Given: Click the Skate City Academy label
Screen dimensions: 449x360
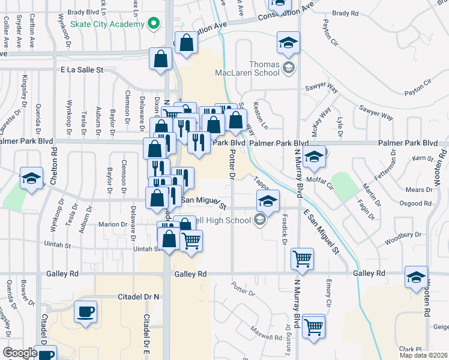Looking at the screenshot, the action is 107,24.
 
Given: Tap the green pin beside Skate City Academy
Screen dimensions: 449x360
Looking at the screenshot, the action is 154,24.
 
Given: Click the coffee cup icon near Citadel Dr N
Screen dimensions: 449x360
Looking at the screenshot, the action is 85,313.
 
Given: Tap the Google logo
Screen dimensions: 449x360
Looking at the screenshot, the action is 19,353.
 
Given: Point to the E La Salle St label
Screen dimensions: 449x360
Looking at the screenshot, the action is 82,70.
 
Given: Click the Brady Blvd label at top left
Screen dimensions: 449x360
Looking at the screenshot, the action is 85,11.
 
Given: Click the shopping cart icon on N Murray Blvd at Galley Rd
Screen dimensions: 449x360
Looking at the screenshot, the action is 301,259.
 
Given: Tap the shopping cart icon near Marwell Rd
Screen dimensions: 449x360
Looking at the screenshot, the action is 313,327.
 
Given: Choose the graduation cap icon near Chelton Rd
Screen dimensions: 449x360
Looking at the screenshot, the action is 31,178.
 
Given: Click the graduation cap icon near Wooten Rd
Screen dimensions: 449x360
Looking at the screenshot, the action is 416,277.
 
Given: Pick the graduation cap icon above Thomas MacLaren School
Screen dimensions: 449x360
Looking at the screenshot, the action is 288,43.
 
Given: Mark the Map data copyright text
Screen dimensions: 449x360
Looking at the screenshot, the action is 423,355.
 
